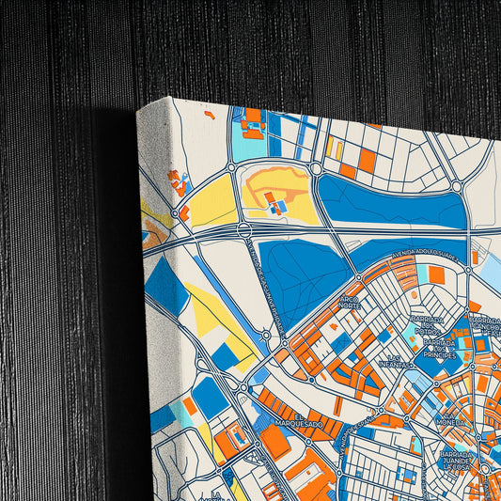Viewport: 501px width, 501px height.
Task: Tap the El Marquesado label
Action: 308,419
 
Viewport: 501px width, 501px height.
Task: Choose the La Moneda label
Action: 450,423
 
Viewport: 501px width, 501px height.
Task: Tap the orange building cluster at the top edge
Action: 252,120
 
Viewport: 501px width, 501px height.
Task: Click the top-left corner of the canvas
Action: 137,110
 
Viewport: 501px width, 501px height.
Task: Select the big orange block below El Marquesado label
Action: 275,442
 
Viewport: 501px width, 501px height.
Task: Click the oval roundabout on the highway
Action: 244,230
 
